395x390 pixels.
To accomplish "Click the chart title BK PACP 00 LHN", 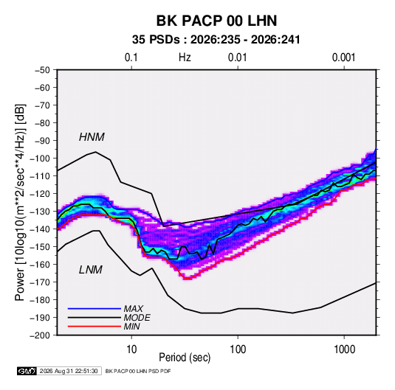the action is [216, 21].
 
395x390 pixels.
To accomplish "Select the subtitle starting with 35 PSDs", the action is [216, 40].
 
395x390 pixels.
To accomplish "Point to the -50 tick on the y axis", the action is [42, 70].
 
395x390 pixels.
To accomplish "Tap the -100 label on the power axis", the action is [40, 159].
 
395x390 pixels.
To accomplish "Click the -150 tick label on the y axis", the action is [40, 247].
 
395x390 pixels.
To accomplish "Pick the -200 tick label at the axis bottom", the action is [40, 335].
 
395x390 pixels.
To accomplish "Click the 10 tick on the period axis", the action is [131, 349].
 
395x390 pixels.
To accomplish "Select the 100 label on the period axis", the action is [238, 349].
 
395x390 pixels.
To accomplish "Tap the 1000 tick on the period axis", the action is [344, 349].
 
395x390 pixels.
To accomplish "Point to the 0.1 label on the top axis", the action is [131, 58].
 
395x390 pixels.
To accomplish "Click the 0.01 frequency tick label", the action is [238, 58].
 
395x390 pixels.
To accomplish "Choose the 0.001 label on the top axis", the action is [344, 58].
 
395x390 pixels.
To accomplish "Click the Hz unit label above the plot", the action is [185, 58].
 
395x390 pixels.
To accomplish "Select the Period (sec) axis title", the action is [185, 358].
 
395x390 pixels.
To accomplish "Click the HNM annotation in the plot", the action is [92, 137].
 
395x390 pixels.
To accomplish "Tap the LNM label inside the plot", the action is [91, 270].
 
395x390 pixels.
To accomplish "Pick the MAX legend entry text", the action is [134, 309].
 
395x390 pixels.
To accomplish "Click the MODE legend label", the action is [137, 318].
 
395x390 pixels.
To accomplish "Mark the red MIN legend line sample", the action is [95, 327].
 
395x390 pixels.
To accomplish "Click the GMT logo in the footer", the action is [27, 371].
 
